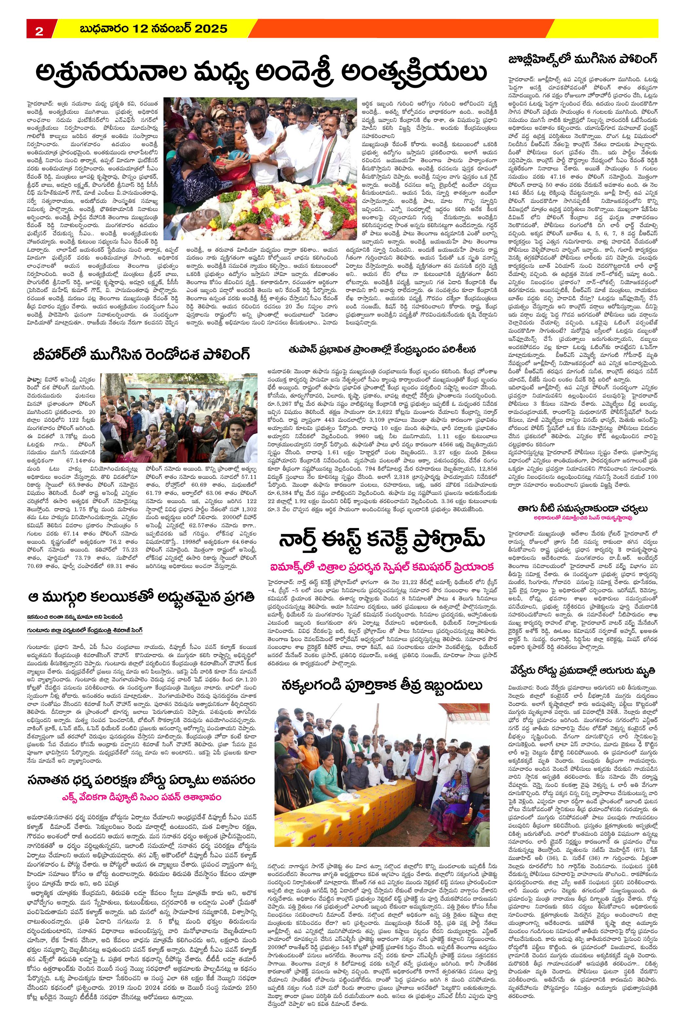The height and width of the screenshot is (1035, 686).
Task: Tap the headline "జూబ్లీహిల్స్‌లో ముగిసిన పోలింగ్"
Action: pyautogui.click(x=583, y=60)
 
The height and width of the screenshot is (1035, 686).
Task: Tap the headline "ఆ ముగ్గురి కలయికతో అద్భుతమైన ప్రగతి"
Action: pyautogui.click(x=141, y=596)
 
